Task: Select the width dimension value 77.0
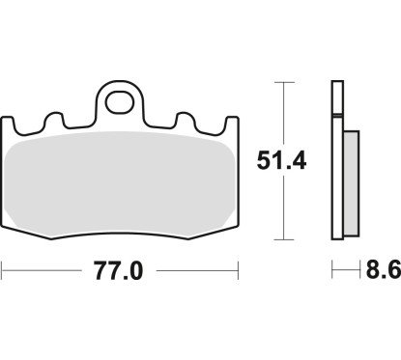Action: coord(121,271)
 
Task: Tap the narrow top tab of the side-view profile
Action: coord(337,97)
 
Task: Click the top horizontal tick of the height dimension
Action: coord(283,82)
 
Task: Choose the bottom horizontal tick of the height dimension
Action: coord(283,239)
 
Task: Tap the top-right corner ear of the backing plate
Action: coord(233,124)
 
